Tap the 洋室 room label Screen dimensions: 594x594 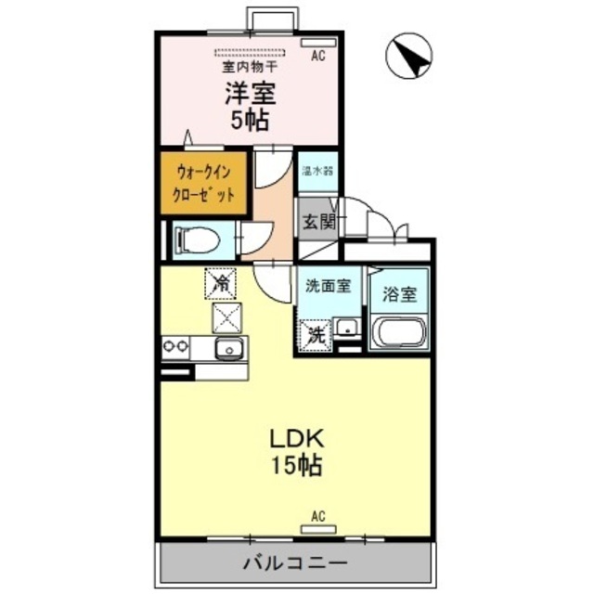pyautogui.click(x=249, y=93)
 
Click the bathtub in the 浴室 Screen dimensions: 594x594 pyautogui.click(x=398, y=332)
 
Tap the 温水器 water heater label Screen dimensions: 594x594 pyautogui.click(x=317, y=171)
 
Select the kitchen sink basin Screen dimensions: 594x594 pyautogui.click(x=229, y=349)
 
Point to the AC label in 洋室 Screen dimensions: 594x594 pyautogui.click(x=318, y=56)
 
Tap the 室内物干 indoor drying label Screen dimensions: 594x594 pyautogui.click(x=249, y=68)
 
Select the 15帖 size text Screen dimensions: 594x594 pyautogui.click(x=296, y=466)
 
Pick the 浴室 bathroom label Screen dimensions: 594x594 pyautogui.click(x=400, y=294)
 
